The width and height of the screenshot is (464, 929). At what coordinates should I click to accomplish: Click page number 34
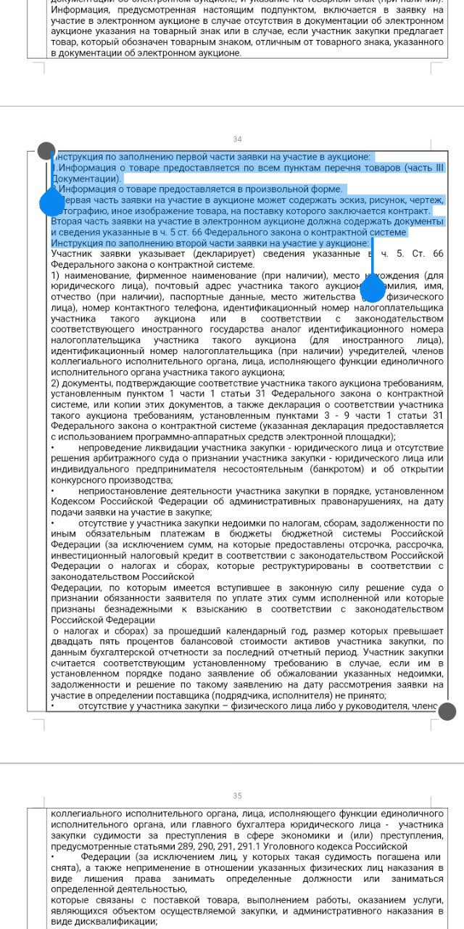(237, 139)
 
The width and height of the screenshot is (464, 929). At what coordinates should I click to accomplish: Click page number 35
(237, 796)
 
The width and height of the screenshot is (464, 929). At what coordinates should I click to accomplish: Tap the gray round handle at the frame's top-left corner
(46, 151)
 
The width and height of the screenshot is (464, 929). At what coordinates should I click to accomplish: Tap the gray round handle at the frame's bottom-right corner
(447, 711)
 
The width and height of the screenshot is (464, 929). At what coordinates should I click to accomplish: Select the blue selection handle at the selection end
(373, 290)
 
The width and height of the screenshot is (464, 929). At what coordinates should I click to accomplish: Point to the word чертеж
(426, 200)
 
